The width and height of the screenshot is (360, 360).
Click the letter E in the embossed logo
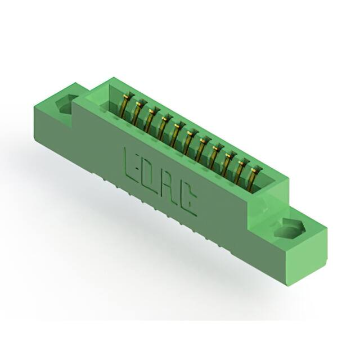point(131,165)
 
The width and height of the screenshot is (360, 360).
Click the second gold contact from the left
point(137,113)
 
